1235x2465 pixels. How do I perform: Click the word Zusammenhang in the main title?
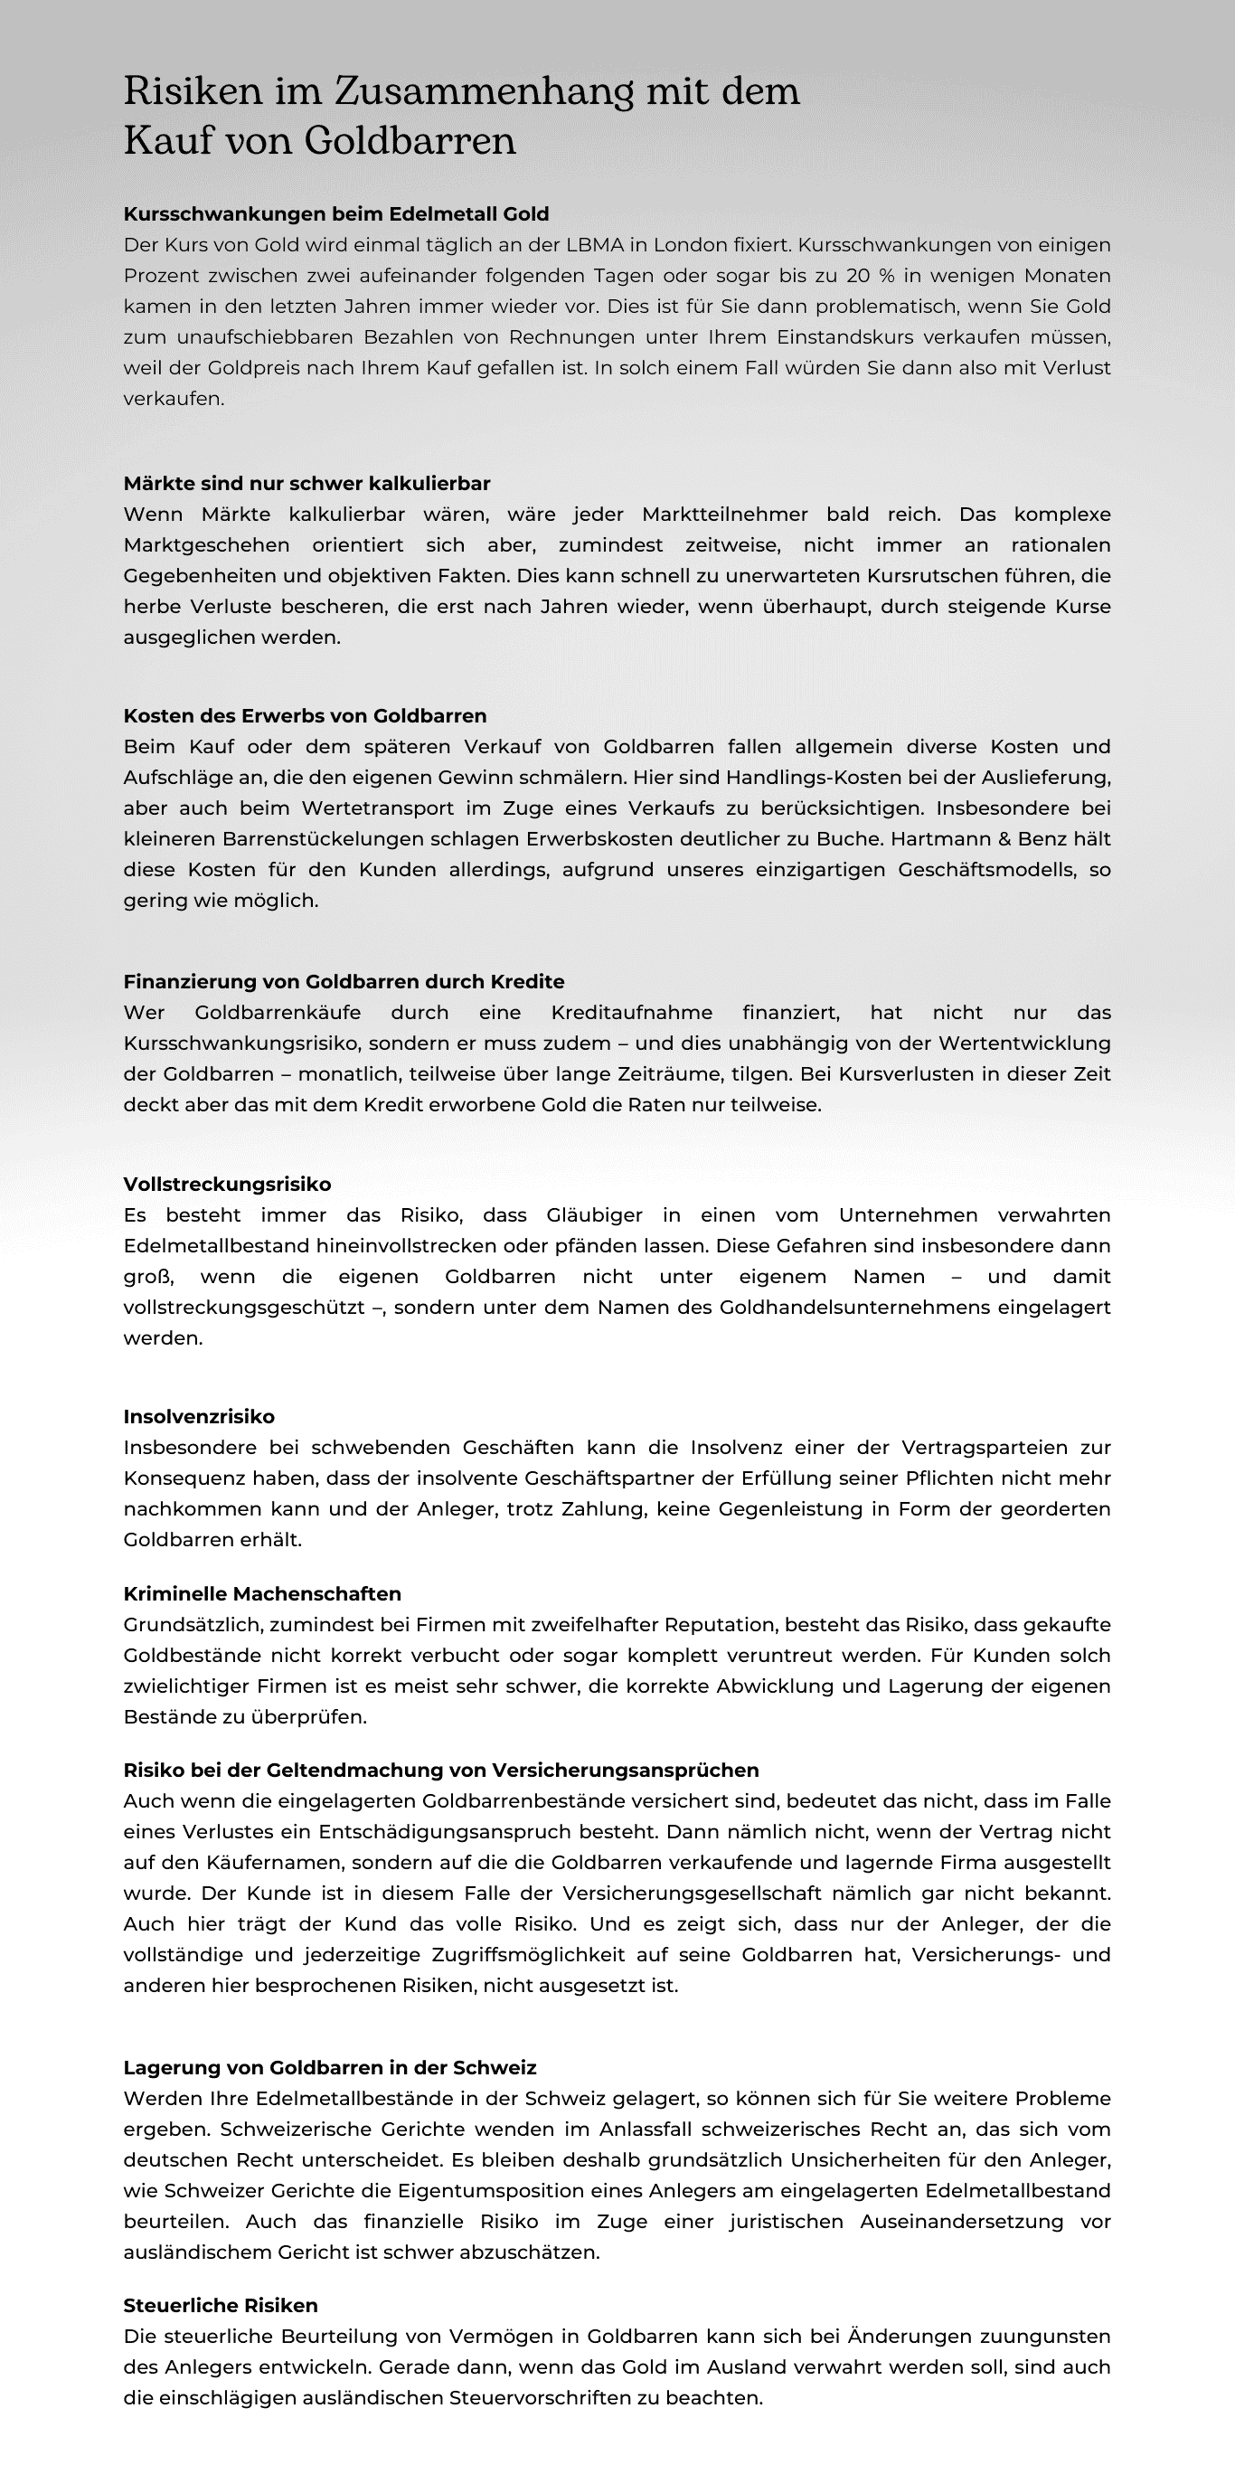[x=483, y=92]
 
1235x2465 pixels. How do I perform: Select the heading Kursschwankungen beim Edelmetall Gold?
[x=335, y=213]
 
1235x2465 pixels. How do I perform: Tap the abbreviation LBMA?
[x=594, y=245]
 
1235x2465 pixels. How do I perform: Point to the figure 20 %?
[x=870, y=276]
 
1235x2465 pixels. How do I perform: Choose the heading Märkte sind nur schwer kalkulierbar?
[x=306, y=483]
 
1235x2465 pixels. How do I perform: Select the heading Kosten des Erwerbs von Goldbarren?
[x=304, y=716]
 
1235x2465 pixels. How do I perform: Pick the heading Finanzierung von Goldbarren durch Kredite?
[x=344, y=982]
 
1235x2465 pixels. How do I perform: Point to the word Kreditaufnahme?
[x=631, y=1013]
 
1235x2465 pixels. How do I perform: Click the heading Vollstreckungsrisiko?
[x=227, y=1185]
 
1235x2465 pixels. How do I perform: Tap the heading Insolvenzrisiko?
[x=199, y=1416]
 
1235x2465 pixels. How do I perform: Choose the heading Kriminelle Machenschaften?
[x=262, y=1594]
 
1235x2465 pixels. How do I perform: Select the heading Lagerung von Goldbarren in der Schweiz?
[x=330, y=2068]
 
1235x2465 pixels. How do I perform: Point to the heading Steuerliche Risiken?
[x=220, y=2305]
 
